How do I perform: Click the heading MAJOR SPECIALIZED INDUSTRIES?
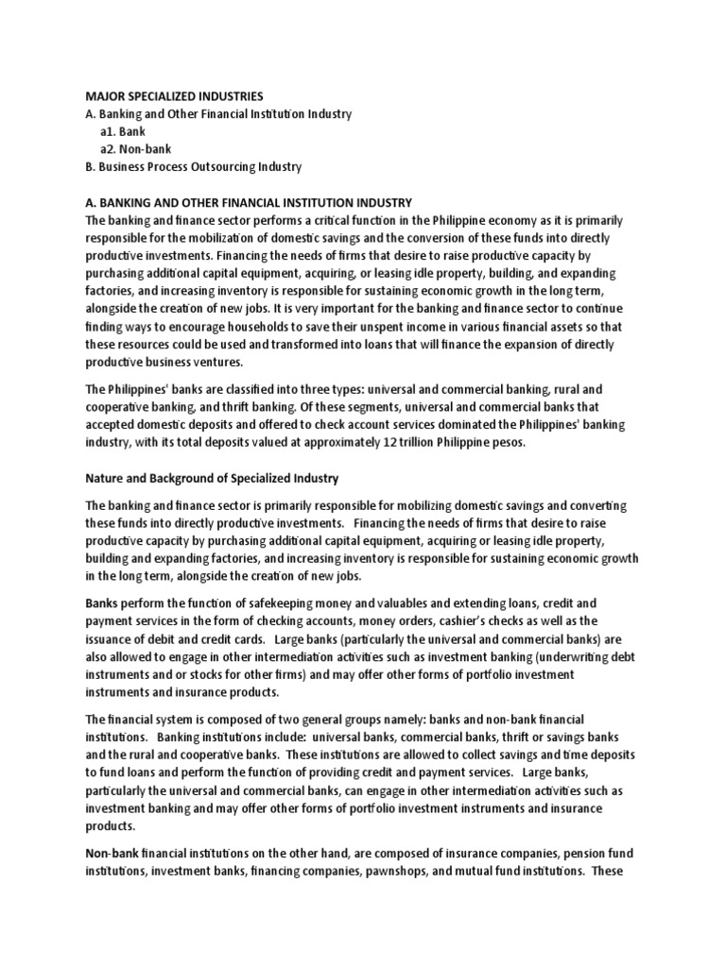click(x=175, y=96)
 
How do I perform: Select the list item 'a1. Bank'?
click(x=123, y=131)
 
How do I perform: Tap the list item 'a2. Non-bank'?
click(x=137, y=149)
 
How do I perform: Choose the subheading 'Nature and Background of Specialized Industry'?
click(x=212, y=479)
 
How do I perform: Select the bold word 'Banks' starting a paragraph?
click(x=105, y=602)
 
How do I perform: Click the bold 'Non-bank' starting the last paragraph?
click(x=114, y=854)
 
